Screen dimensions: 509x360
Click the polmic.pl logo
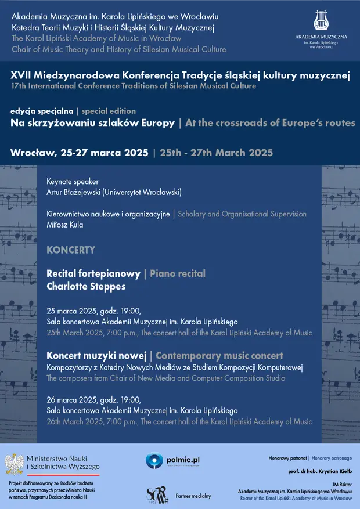click(171, 460)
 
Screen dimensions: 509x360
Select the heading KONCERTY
click(71, 250)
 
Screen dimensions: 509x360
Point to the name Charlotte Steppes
click(86, 286)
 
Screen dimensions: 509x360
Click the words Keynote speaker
click(73, 181)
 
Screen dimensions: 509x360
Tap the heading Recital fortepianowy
click(93, 273)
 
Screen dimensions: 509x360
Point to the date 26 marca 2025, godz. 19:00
click(93, 399)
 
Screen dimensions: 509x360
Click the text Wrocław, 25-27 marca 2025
click(79, 153)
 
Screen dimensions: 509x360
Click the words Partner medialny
click(193, 496)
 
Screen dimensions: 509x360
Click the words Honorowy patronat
click(287, 459)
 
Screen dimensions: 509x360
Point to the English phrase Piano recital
click(178, 273)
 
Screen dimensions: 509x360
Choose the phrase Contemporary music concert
click(219, 355)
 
